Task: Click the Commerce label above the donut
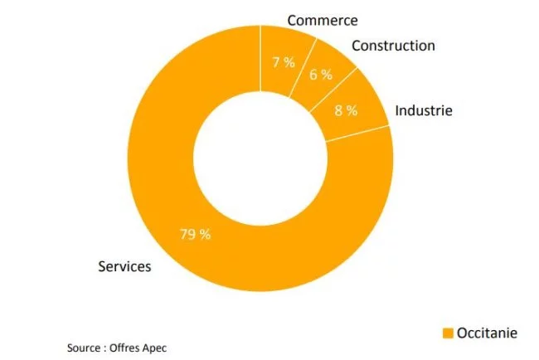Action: click(x=323, y=19)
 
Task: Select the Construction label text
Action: click(x=392, y=46)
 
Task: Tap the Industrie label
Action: click(x=424, y=109)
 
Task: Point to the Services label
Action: click(x=124, y=266)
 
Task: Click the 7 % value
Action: click(x=284, y=63)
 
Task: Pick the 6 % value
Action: click(x=321, y=75)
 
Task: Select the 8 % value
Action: click(x=346, y=110)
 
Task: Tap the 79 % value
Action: click(x=196, y=234)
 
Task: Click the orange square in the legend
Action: click(x=448, y=333)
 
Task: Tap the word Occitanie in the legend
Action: click(x=488, y=333)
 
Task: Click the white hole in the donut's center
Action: click(x=260, y=158)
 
